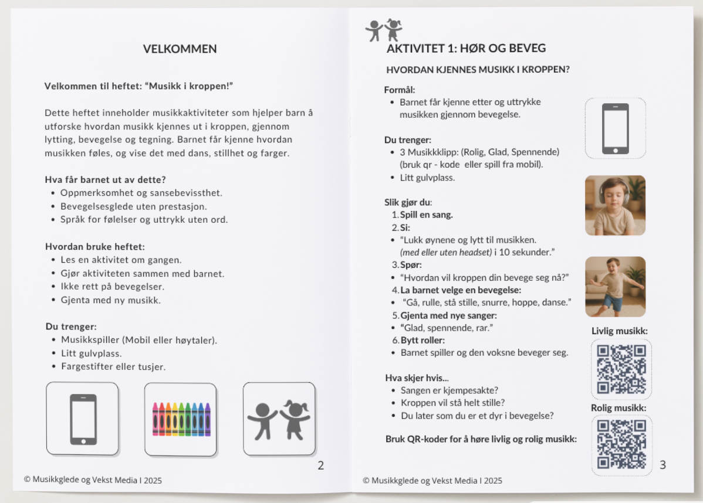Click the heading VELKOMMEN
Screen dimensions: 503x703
[180, 49]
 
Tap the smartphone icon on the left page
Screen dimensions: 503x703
[83, 419]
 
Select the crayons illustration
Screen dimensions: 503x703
[181, 419]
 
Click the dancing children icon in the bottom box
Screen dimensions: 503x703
[279, 419]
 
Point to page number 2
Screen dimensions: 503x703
[320, 465]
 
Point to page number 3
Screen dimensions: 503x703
[663, 465]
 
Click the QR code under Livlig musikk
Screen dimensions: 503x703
[621, 369]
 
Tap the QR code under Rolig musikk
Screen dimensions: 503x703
[621, 445]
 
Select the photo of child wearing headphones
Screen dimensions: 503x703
[615, 205]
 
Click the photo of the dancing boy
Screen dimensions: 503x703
[615, 286]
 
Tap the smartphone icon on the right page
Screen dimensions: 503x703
[615, 128]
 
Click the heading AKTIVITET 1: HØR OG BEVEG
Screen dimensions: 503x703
[467, 49]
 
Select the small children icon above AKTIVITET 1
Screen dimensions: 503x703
[384, 30]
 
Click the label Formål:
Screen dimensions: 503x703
[400, 90]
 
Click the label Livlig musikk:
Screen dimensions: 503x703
[619, 331]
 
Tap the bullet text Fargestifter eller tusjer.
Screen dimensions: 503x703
[113, 366]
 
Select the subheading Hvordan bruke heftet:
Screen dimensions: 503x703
[95, 247]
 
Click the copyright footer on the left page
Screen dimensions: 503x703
[93, 480]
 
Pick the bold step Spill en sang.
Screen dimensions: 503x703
[427, 215]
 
